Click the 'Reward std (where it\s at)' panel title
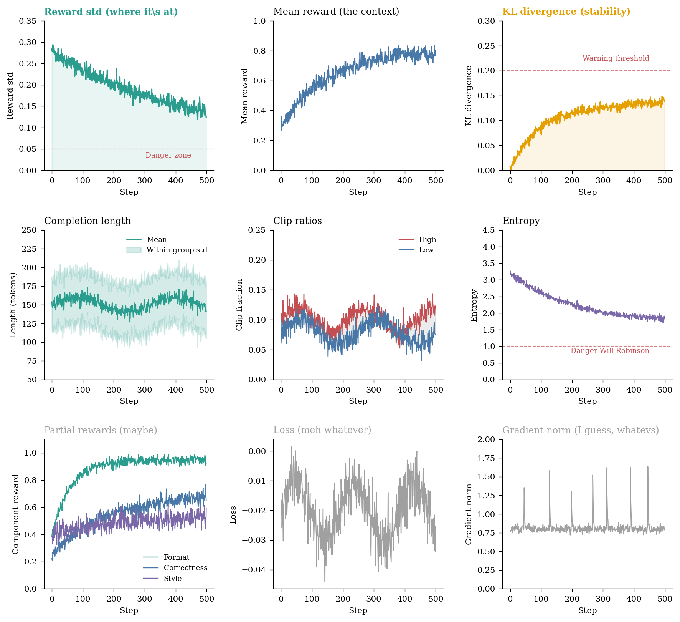click(111, 12)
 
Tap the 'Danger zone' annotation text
click(168, 155)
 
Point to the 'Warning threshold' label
click(616, 58)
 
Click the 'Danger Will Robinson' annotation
click(609, 351)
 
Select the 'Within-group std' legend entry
click(177, 250)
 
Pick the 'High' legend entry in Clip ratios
click(427, 240)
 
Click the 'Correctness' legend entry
click(185, 568)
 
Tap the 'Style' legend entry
click(172, 579)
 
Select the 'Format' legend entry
click(177, 557)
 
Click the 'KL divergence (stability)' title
click(566, 12)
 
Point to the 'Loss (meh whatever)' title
click(322, 430)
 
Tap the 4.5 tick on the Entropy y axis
click(489, 230)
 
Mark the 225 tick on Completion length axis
click(30, 249)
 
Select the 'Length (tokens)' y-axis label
click(13, 305)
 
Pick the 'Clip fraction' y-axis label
click(239, 305)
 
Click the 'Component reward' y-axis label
click(15, 514)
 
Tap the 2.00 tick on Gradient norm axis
click(487, 440)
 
